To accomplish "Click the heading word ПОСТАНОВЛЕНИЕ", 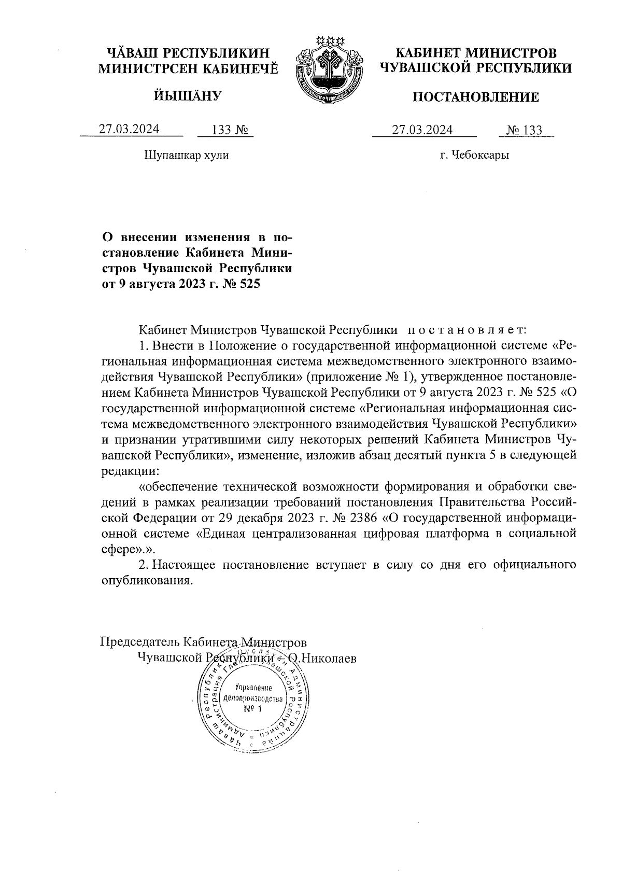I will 475,97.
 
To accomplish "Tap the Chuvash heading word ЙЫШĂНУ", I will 188,95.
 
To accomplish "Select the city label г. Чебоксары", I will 474,155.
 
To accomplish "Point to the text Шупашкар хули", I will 185,155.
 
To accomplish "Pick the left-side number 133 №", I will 225,130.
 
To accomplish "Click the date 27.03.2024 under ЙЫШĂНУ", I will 129,129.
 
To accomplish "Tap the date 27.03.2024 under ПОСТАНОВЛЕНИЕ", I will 422,129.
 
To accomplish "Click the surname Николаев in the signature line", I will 329,658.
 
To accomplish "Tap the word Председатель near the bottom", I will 140,641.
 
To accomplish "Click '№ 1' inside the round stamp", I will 253,709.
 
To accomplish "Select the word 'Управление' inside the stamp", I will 253,688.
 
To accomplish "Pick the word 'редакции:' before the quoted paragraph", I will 130,471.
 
